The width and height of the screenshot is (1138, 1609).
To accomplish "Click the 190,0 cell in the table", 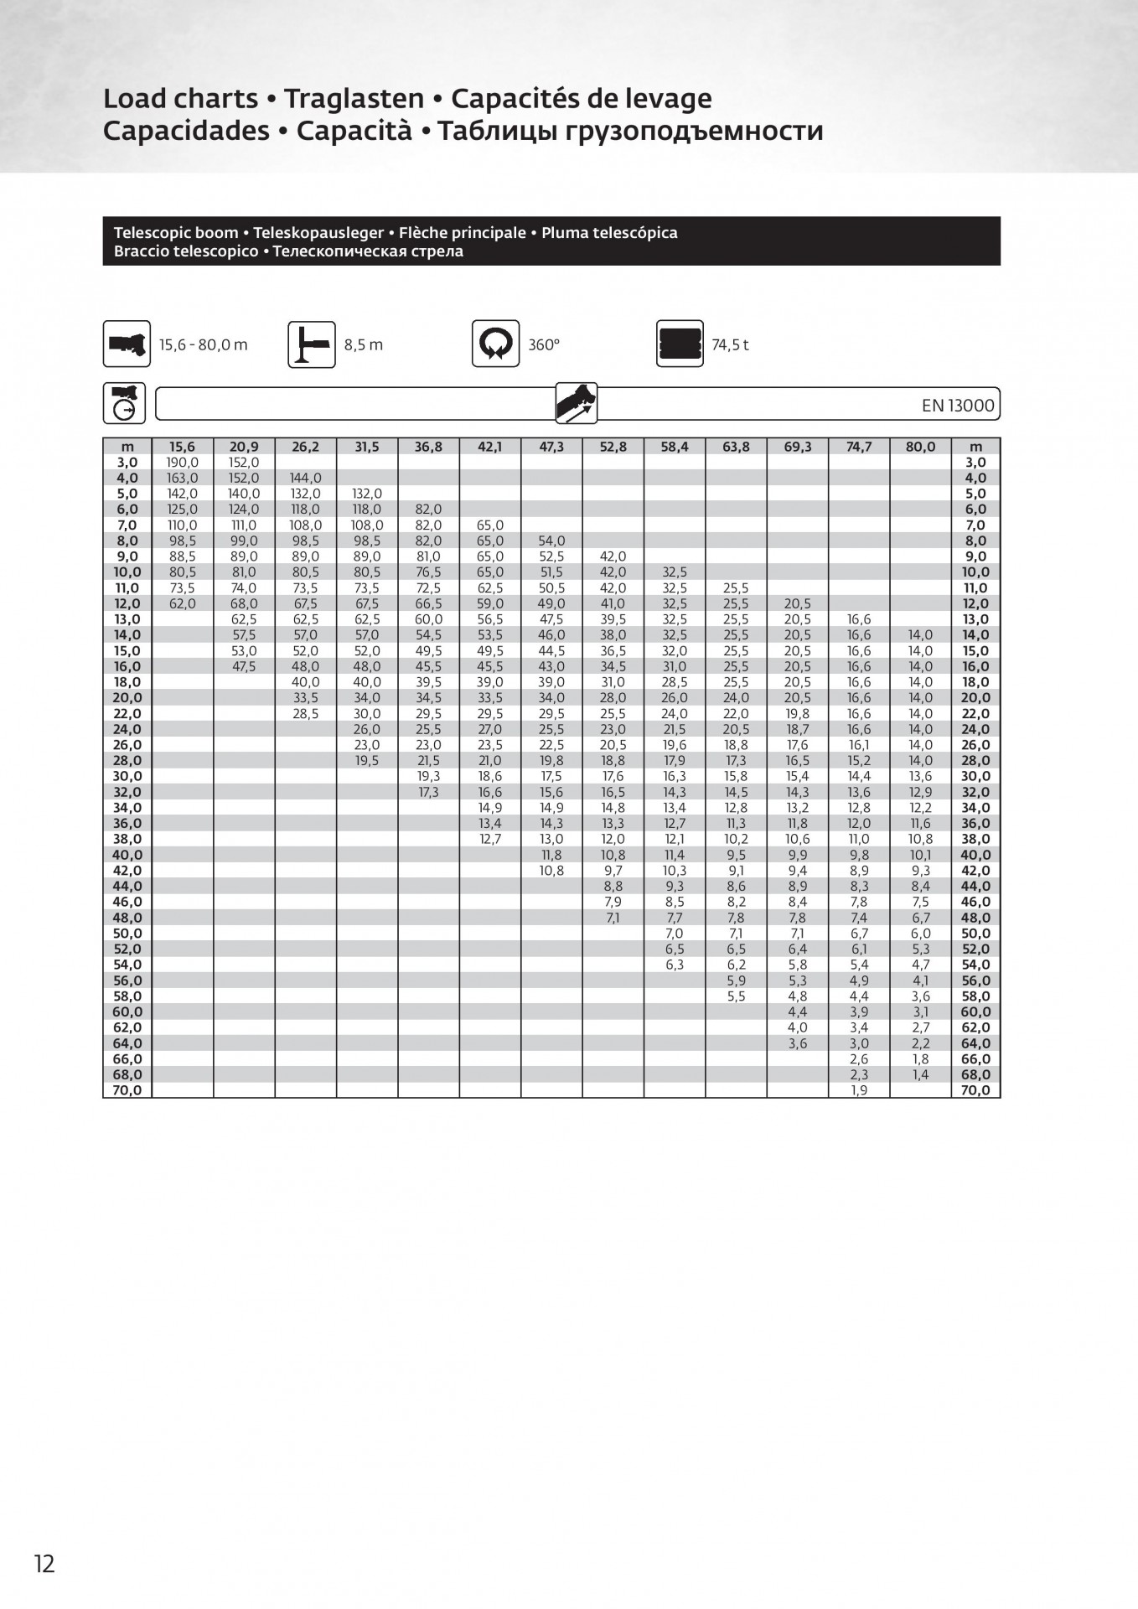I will click(x=183, y=463).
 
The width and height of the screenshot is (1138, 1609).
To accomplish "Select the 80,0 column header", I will click(x=920, y=447).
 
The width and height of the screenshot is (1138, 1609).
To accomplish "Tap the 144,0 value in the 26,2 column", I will click(x=305, y=479).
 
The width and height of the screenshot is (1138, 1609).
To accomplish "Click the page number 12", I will click(x=44, y=1564).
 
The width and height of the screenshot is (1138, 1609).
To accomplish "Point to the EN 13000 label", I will click(x=958, y=406).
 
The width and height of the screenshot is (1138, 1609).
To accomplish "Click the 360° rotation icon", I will click(x=495, y=344).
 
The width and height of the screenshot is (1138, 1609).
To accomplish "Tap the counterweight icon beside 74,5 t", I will click(x=680, y=344).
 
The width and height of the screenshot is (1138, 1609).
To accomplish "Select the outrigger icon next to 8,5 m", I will click(x=312, y=344).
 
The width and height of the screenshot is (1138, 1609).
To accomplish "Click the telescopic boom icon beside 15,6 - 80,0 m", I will click(x=127, y=344).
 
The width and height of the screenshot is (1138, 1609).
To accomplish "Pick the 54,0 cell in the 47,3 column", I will click(x=551, y=541).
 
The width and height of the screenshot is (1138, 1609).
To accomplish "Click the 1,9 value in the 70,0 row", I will click(x=859, y=1090).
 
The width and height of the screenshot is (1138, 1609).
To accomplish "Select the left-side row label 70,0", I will click(x=127, y=1090).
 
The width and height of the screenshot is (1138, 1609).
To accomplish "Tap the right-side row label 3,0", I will click(x=975, y=463).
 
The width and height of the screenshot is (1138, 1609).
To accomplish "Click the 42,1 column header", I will click(x=489, y=447).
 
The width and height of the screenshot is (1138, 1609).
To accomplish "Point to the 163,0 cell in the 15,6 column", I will click(x=183, y=479).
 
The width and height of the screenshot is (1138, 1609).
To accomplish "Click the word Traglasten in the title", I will click(x=354, y=99).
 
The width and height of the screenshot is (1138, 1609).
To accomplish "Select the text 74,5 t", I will click(x=730, y=344).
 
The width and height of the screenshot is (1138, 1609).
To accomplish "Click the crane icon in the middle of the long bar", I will click(x=577, y=403).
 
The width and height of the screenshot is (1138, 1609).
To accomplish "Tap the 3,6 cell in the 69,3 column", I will click(x=797, y=1043).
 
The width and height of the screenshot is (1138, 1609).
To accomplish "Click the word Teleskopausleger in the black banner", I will click(x=318, y=233).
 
